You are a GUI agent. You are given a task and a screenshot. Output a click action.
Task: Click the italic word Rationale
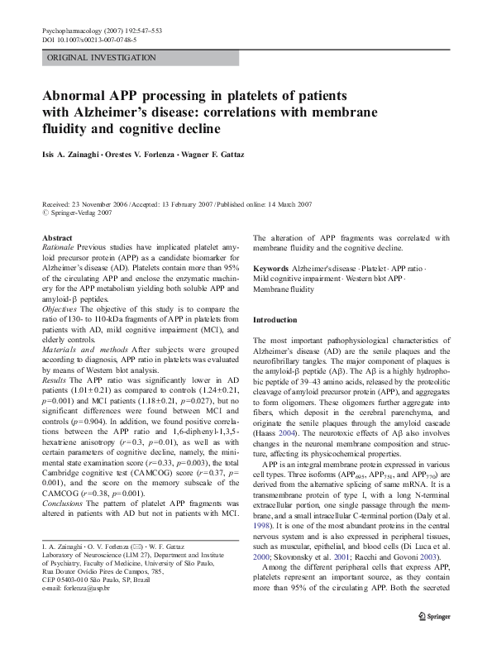point(58,247)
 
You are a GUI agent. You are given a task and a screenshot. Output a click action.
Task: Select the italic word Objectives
point(60,307)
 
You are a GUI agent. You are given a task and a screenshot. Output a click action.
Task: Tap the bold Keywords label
point(270,270)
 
